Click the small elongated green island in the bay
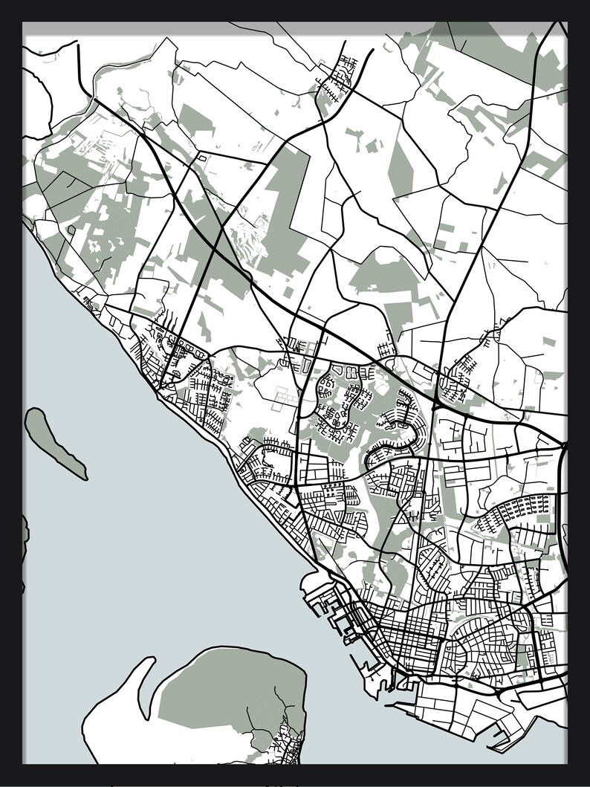pyautogui.click(x=54, y=441)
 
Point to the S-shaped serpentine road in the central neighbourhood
pyautogui.click(x=394, y=438)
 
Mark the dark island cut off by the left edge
pyautogui.click(x=25, y=531)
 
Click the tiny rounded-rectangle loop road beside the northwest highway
pyautogui.click(x=201, y=158)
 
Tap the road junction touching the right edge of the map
pyautogui.click(x=565, y=446)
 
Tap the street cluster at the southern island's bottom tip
pyautogui.click(x=286, y=743)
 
